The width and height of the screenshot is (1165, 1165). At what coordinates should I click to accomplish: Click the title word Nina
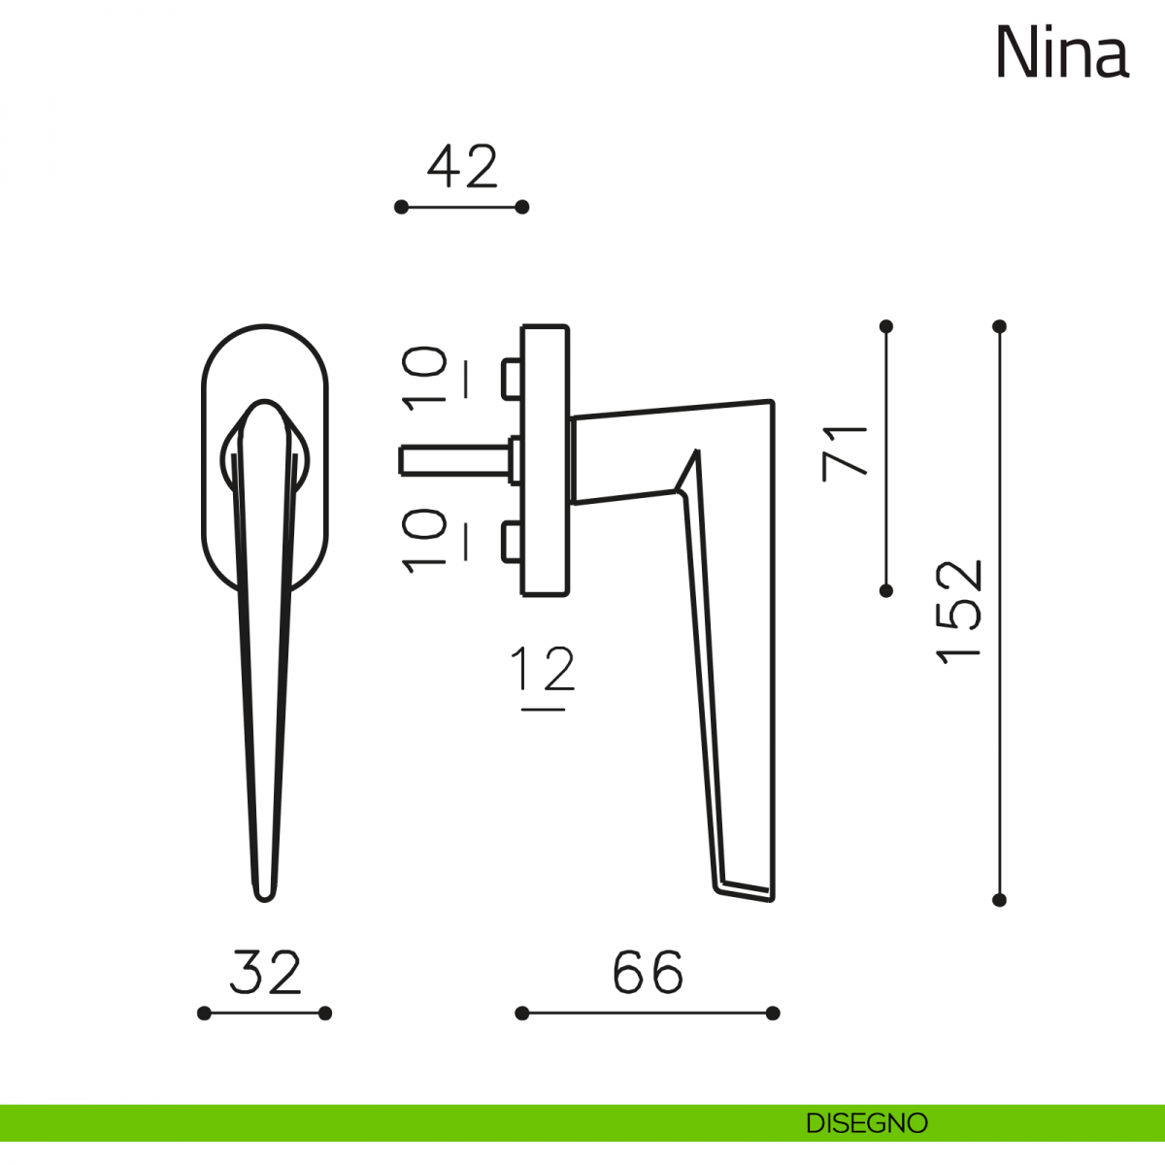pyautogui.click(x=1062, y=52)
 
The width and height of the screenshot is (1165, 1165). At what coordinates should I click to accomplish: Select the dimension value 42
pyautogui.click(x=462, y=166)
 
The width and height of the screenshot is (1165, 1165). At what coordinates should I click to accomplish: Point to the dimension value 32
pyautogui.click(x=265, y=973)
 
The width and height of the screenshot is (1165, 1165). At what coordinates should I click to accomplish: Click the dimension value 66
pyautogui.click(x=649, y=973)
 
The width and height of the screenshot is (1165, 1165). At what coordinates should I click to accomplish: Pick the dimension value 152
pyautogui.click(x=958, y=613)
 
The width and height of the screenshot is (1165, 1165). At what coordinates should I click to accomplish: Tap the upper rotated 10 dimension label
pyautogui.click(x=424, y=379)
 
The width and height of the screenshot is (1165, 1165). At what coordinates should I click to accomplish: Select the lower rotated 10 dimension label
pyautogui.click(x=424, y=541)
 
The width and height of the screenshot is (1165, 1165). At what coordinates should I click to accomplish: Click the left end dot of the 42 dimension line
pyautogui.click(x=401, y=208)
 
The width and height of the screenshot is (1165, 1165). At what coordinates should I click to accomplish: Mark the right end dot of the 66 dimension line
pyautogui.click(x=773, y=1014)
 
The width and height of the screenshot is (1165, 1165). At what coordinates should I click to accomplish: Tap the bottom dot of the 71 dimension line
pyautogui.click(x=886, y=590)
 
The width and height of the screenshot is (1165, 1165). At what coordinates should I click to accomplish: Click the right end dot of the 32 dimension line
pyautogui.click(x=325, y=1014)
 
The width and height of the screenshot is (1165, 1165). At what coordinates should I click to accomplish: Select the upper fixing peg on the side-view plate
pyautogui.click(x=512, y=379)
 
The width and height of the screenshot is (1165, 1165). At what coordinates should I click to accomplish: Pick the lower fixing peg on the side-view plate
pyautogui.click(x=512, y=541)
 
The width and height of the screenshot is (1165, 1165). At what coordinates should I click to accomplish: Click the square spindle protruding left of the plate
pyautogui.click(x=454, y=461)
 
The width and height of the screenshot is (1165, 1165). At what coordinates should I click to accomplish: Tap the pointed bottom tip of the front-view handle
pyautogui.click(x=265, y=900)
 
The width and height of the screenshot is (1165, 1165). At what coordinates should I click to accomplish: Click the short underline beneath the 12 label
pyautogui.click(x=543, y=709)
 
